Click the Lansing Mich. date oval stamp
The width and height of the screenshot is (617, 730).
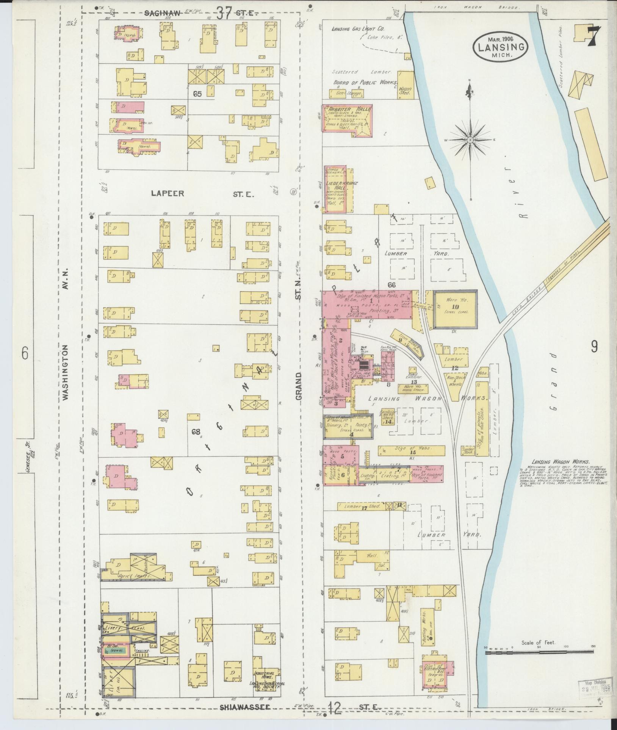(499, 46)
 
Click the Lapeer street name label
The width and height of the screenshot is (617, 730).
(168, 194)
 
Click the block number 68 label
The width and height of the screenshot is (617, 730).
(196, 431)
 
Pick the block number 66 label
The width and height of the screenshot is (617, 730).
(391, 284)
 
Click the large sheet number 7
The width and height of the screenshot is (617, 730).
(593, 36)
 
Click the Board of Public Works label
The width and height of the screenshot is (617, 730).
(365, 83)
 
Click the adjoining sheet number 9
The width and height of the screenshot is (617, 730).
(594, 345)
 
